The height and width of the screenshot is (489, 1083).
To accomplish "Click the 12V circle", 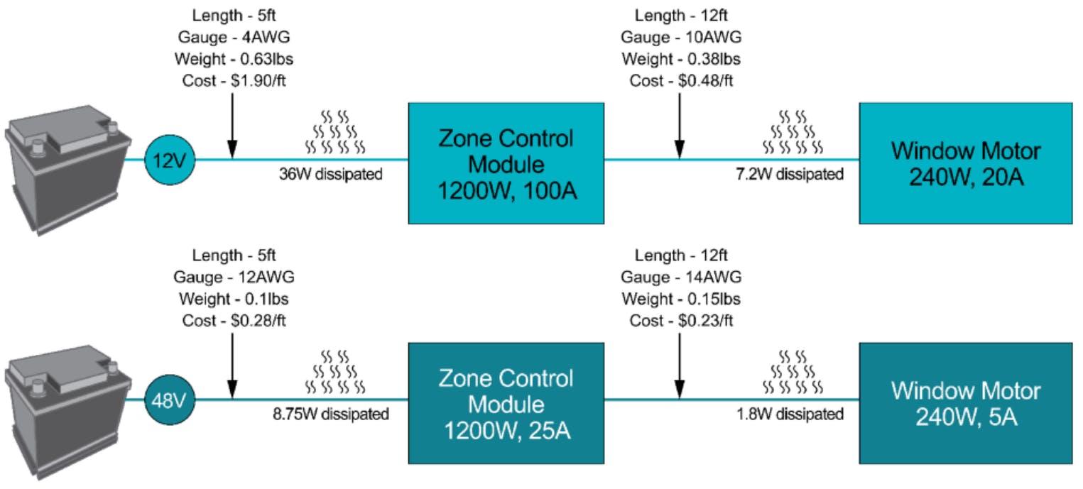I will click(170, 160).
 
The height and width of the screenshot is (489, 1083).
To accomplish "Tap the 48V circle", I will click(170, 400).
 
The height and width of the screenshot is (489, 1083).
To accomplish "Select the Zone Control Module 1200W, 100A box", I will click(506, 163).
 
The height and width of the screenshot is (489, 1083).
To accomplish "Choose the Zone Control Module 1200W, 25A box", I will click(506, 402).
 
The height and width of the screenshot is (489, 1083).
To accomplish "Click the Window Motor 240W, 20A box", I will click(966, 163).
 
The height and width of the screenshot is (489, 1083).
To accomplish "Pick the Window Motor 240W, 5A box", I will click(966, 402).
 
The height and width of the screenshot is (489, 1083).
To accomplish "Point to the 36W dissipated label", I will click(331, 174).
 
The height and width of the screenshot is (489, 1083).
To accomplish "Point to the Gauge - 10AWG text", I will click(681, 37).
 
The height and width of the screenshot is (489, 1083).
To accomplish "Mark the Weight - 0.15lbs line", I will click(681, 299).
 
